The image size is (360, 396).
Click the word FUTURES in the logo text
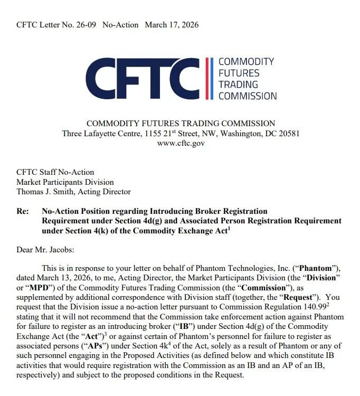[239, 73]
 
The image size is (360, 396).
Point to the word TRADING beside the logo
[239, 84]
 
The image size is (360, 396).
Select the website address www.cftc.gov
[181, 143]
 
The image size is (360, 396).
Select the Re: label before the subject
[23, 211]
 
